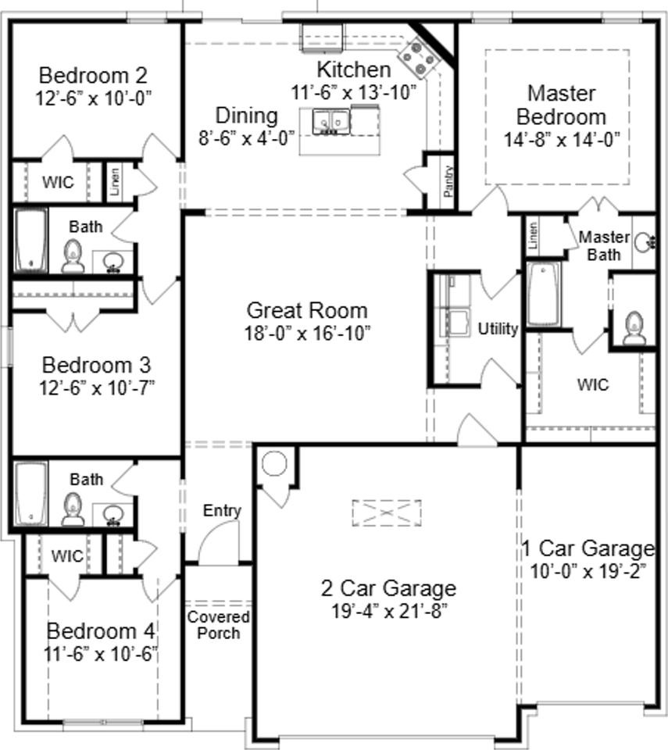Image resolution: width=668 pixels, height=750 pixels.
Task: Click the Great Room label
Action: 307,310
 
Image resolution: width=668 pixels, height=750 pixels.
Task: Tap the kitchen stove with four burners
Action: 420,59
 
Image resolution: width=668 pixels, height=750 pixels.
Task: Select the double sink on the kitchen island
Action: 330,122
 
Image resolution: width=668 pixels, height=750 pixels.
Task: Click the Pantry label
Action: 448,181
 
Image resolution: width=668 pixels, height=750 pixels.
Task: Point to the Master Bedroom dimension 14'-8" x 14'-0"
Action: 561,140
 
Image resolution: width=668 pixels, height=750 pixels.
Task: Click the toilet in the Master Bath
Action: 634,327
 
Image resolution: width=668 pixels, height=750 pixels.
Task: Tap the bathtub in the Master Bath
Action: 544,295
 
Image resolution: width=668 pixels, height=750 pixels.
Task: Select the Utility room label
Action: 498,329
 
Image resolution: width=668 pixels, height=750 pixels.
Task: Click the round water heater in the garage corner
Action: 275,463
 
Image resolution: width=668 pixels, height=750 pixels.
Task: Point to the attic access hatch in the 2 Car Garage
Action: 387,512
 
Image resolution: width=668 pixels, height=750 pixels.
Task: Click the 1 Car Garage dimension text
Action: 588,571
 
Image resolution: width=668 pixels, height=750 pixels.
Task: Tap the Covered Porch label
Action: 218,625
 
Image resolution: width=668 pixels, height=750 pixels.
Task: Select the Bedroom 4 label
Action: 101,631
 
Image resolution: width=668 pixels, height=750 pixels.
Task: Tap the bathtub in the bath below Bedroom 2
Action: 31,240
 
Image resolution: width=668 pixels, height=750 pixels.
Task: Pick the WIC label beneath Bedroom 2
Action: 58,182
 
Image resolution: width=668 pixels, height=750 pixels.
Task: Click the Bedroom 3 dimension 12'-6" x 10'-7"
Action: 97,388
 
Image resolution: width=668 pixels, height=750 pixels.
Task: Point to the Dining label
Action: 246,116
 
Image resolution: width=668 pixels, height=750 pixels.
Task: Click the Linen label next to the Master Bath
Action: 533,236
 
